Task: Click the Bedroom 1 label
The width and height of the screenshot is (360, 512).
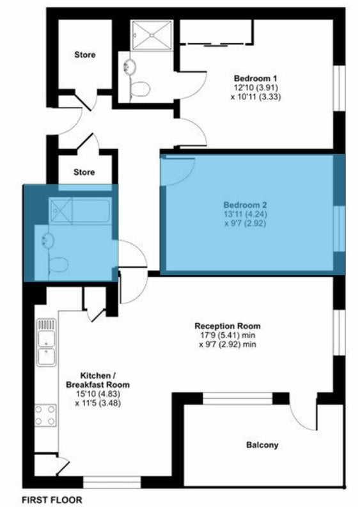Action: coord(256,78)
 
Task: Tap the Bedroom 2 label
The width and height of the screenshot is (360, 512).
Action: coord(245,205)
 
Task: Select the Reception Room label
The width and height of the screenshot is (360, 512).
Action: coord(228,326)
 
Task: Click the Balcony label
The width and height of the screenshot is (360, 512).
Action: coord(262,445)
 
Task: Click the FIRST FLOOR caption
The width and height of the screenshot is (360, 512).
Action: coord(52,500)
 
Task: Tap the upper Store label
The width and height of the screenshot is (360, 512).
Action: coord(85,54)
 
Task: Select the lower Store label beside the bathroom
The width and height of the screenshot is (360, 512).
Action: coord(84,172)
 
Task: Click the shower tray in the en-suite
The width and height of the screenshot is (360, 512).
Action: coord(152,35)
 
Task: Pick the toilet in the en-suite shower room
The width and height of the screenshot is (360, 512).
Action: coord(139,88)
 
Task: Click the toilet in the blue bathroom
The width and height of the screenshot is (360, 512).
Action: coord(58,264)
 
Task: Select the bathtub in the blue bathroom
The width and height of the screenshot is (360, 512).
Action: coord(81,211)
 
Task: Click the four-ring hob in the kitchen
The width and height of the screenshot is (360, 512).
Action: coord(45,415)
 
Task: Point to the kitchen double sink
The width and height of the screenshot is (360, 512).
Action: coord(46,343)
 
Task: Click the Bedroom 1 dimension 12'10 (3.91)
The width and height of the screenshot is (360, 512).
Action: coord(256,88)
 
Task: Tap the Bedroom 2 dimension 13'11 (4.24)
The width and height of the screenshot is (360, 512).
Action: coord(245,214)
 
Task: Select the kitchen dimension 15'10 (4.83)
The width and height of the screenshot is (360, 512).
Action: coord(98,394)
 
